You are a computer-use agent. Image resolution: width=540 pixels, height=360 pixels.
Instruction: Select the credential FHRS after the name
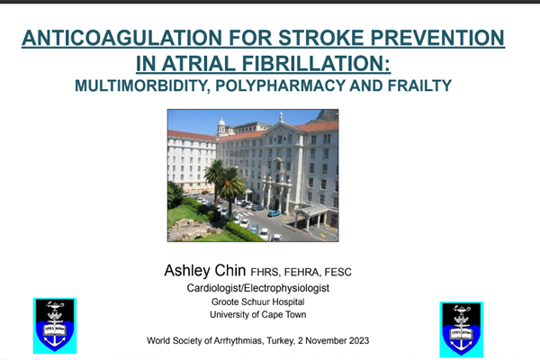266,271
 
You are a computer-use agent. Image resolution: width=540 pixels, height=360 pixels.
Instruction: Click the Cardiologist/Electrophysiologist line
271,287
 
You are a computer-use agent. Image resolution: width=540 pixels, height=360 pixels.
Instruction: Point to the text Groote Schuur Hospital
271,302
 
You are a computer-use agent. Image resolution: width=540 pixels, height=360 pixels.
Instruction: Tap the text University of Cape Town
271,317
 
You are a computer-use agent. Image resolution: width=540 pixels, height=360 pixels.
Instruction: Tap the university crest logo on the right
462,326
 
